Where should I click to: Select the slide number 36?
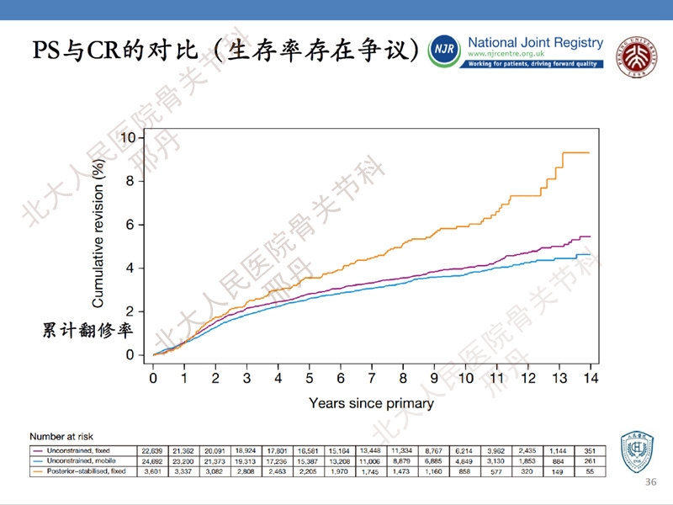[x=649, y=481]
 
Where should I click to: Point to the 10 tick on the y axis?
[x=127, y=137]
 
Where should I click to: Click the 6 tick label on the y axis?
[x=129, y=225]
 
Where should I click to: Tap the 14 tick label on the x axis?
[x=591, y=378]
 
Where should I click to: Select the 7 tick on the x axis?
[x=372, y=378]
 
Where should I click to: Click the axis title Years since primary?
[x=371, y=403]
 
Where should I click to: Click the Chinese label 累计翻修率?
[x=87, y=330]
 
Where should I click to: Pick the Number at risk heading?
[x=59, y=437]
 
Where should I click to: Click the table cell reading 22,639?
[x=151, y=450]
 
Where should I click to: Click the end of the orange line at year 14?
[x=589, y=152]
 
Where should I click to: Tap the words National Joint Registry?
[x=534, y=42]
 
